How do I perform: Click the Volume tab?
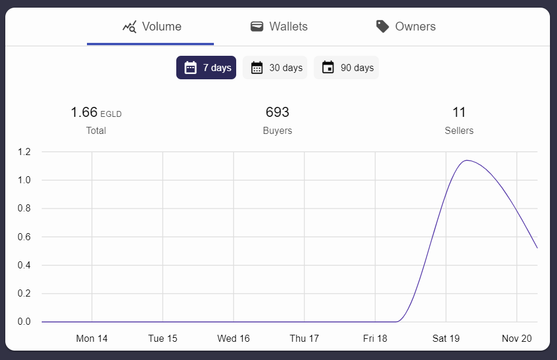152,27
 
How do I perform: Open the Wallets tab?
279,27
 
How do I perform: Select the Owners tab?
406,27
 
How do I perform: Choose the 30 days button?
275,68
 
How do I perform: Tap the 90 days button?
346,68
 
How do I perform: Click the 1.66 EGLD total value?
96,112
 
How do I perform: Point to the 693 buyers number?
277,112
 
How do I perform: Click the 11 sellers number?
459,112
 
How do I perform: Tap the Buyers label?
277,130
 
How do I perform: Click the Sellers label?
459,130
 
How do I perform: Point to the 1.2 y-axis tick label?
24,152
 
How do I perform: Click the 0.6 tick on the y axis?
24,237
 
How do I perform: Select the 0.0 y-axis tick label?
24,322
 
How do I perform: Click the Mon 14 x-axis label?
92,338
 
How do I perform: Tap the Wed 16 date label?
233,338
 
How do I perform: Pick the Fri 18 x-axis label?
375,338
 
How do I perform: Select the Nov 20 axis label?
516,338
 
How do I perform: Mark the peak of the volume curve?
467,160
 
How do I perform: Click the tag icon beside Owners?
382,27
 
